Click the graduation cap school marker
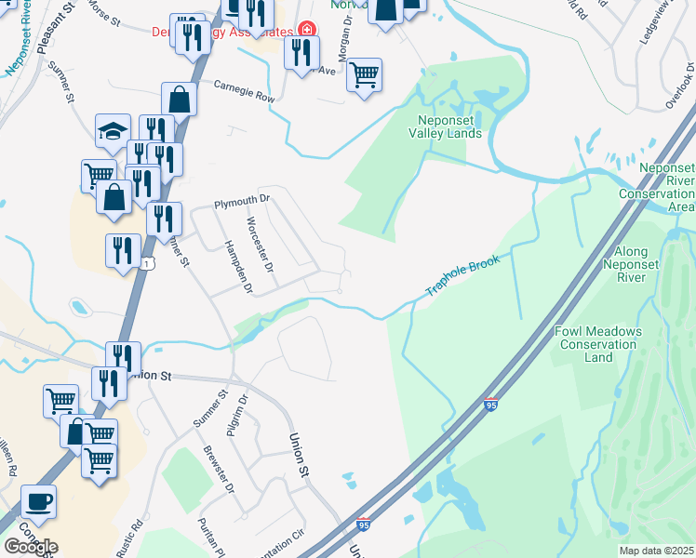pos(113,130)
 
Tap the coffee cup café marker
pos(38,501)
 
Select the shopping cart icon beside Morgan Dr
pos(364,73)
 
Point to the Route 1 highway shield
pos(147,264)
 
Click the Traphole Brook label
pos(462,276)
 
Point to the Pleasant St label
pos(55,33)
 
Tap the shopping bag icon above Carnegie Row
pos(179,100)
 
